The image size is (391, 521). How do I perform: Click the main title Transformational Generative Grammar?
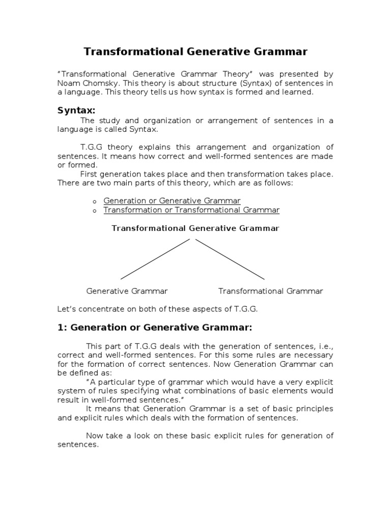pos(195,52)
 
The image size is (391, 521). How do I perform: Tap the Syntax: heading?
pos(76,110)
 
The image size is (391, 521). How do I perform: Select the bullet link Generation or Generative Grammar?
pos(172,201)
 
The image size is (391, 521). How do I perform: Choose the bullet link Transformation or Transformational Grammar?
pos(191,210)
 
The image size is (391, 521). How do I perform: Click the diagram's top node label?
pos(195,228)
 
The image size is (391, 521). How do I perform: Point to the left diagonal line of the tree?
pos(155,258)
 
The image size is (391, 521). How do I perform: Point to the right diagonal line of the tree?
pos(230,258)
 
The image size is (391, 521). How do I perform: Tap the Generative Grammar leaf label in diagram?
pos(127,291)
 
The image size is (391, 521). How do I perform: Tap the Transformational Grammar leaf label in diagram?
pos(271,291)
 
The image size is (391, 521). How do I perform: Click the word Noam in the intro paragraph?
pos(67,83)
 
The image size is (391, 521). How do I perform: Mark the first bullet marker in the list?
pos(95,202)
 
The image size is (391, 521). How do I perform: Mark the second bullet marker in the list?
pos(95,211)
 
